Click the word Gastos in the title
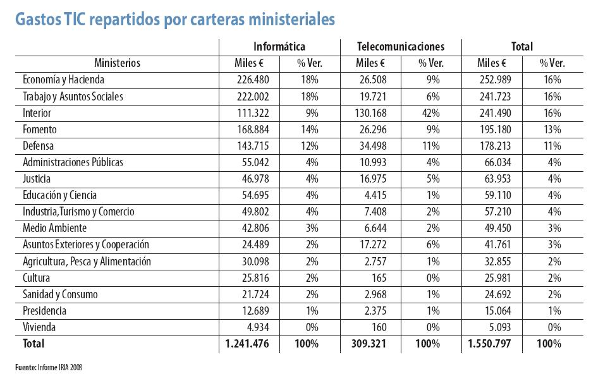click(x=37, y=20)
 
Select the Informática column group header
click(x=279, y=47)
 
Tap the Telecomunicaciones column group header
click(x=400, y=47)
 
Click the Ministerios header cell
click(x=117, y=63)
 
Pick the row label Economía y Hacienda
click(x=63, y=80)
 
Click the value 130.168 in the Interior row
click(x=370, y=113)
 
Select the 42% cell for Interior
click(x=431, y=113)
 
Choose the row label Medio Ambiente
click(x=54, y=228)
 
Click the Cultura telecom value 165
click(x=378, y=278)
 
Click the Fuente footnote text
click(x=49, y=367)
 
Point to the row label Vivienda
click(x=39, y=327)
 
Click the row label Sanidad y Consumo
click(x=60, y=294)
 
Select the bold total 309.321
click(x=370, y=344)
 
